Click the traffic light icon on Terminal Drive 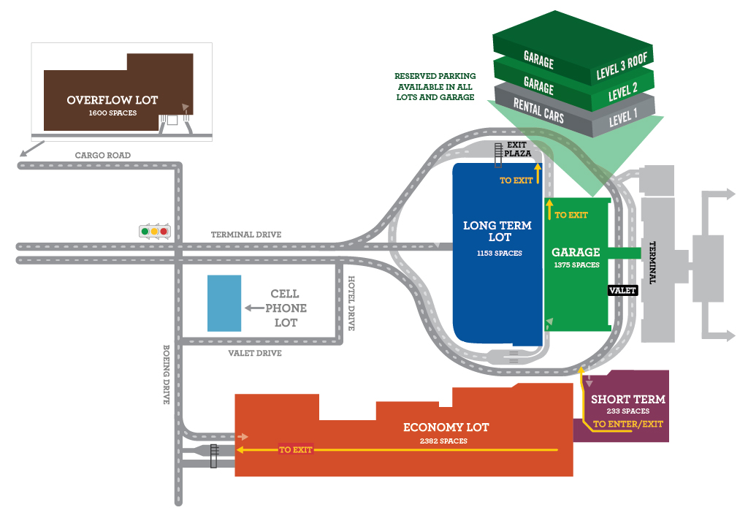(153, 232)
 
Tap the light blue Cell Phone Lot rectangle (224, 303)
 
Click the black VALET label (623, 290)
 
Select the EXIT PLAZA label (517, 149)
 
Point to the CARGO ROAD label (103, 156)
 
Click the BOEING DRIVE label (167, 374)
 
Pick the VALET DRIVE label (255, 353)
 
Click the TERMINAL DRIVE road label (246, 235)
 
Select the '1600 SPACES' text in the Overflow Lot (112, 113)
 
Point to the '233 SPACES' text (628, 411)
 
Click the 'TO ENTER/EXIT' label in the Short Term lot (628, 424)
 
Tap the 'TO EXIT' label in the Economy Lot (296, 450)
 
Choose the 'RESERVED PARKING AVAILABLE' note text (435, 86)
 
